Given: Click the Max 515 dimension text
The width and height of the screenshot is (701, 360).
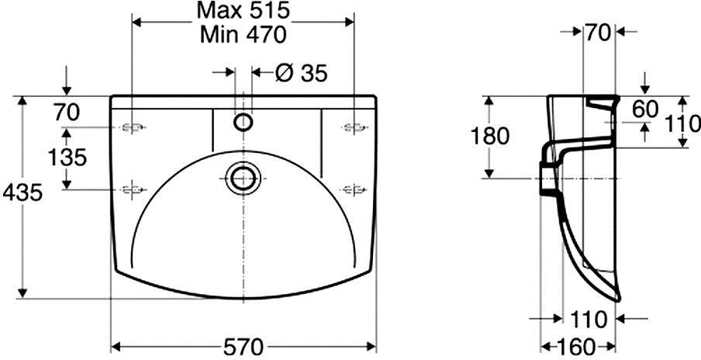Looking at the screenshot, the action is click(243, 11).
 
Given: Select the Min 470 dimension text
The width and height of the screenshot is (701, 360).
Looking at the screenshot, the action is click(243, 35).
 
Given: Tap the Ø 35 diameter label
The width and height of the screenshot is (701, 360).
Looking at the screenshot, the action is click(302, 73).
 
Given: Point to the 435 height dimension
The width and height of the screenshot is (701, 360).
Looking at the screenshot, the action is click(22, 192).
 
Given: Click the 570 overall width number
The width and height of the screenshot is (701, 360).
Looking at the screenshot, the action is click(243, 347).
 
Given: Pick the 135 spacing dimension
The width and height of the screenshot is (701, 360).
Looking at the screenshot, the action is click(67, 157).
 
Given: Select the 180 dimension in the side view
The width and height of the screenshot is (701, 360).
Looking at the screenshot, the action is click(489, 137).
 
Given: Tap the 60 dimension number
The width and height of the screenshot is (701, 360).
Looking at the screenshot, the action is click(646, 109).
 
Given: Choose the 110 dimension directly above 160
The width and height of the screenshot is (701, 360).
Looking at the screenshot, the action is click(589, 320).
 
